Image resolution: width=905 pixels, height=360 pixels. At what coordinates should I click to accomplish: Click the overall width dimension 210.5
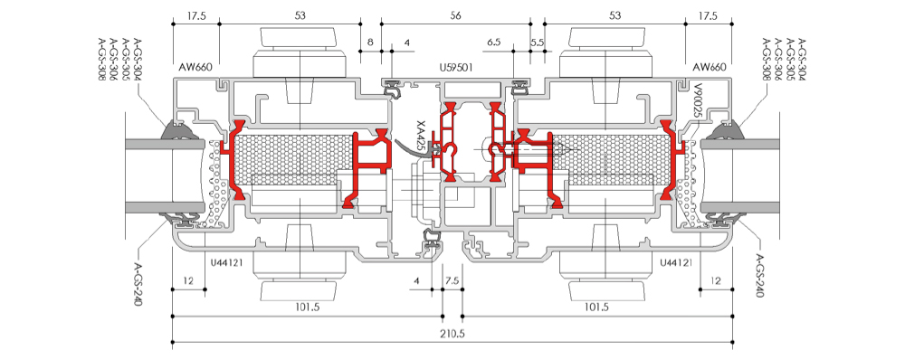[453, 334]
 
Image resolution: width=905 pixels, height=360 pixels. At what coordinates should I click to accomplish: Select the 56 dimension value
[456, 16]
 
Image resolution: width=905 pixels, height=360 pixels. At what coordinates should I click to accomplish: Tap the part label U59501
[456, 68]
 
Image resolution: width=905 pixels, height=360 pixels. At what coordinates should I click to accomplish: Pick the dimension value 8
[370, 43]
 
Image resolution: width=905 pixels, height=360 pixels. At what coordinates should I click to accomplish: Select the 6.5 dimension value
[494, 43]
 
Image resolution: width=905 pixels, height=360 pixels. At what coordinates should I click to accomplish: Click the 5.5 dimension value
[537, 43]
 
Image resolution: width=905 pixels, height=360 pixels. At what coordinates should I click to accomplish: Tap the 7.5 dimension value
[452, 280]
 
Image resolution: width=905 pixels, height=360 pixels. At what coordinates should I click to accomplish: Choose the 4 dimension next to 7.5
[417, 280]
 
